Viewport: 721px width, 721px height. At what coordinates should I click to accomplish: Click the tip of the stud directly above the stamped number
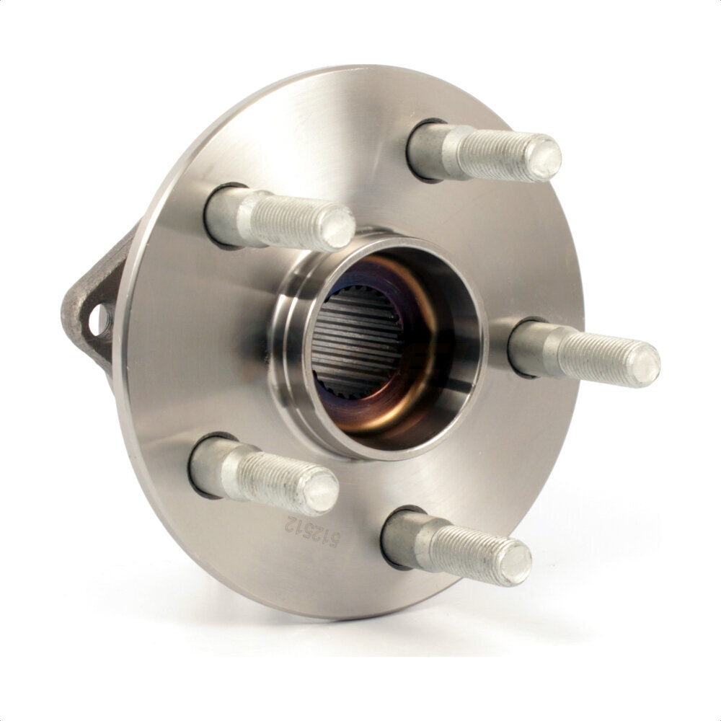pos(321,492)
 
